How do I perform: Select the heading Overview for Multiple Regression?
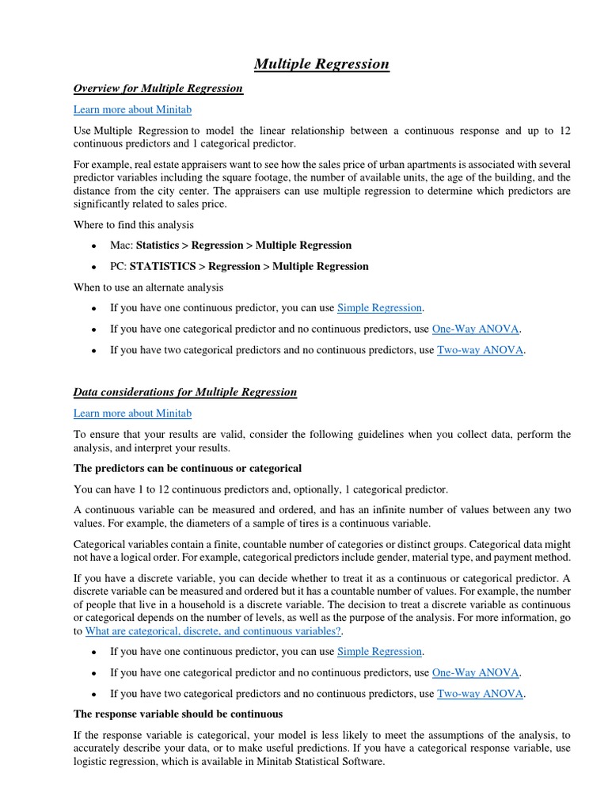(158, 88)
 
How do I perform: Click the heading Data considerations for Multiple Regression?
(185, 391)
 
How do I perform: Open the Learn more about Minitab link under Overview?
(132, 109)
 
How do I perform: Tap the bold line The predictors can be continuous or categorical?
(188, 468)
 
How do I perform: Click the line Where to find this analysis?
(133, 224)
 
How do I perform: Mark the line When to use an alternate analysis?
(148, 287)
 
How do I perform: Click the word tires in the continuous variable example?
(336, 523)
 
